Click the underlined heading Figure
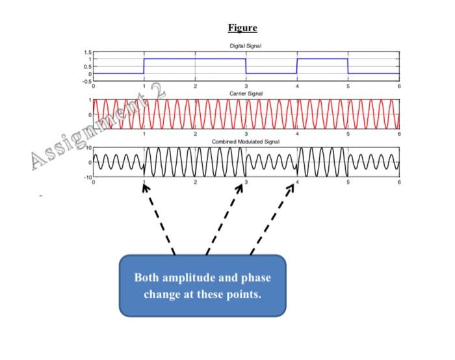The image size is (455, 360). tap(242, 27)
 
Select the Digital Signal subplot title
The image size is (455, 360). tap(246, 45)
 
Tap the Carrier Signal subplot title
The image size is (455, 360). tap(246, 94)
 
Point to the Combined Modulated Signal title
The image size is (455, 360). tap(246, 142)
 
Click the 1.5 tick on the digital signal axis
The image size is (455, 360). tap(87, 51)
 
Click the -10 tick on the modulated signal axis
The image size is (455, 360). tap(86, 177)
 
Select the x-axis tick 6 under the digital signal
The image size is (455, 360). tap(399, 86)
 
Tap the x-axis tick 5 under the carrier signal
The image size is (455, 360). tap(348, 134)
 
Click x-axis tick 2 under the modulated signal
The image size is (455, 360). tap(195, 182)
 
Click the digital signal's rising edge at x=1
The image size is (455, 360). tap(144, 66)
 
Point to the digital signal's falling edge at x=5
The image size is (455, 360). tap(348, 66)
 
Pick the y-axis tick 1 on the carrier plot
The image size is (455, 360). tap(90, 101)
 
